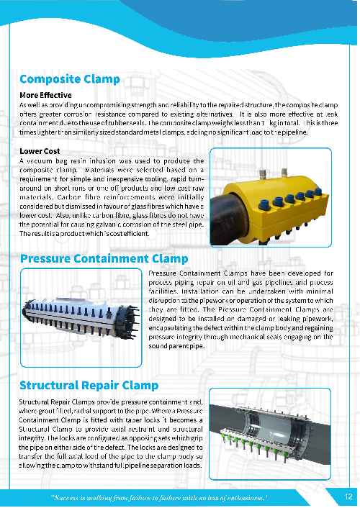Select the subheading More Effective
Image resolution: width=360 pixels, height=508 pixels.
click(45, 94)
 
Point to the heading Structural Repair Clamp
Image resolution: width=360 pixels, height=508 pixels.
click(89, 385)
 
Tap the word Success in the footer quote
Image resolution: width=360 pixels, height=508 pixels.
click(69, 497)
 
